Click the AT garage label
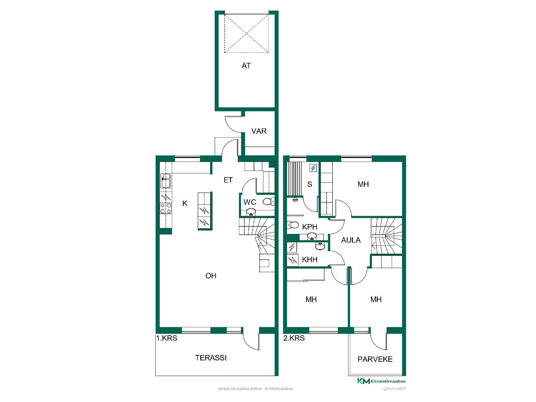(x=246, y=66)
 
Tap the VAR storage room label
(x=259, y=131)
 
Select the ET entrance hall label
(x=228, y=180)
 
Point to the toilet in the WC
(x=269, y=202)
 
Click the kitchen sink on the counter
(x=166, y=181)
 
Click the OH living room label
(x=211, y=276)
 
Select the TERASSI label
(x=211, y=358)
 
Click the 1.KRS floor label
(x=167, y=338)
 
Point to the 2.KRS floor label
(x=294, y=338)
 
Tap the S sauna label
(x=310, y=184)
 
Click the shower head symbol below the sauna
(x=295, y=200)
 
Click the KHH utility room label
(x=310, y=260)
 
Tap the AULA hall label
(x=351, y=240)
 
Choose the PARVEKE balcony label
(x=375, y=359)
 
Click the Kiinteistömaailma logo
(x=381, y=381)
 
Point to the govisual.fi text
(x=394, y=389)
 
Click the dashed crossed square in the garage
(x=246, y=33)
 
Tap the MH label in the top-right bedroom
(x=363, y=184)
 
